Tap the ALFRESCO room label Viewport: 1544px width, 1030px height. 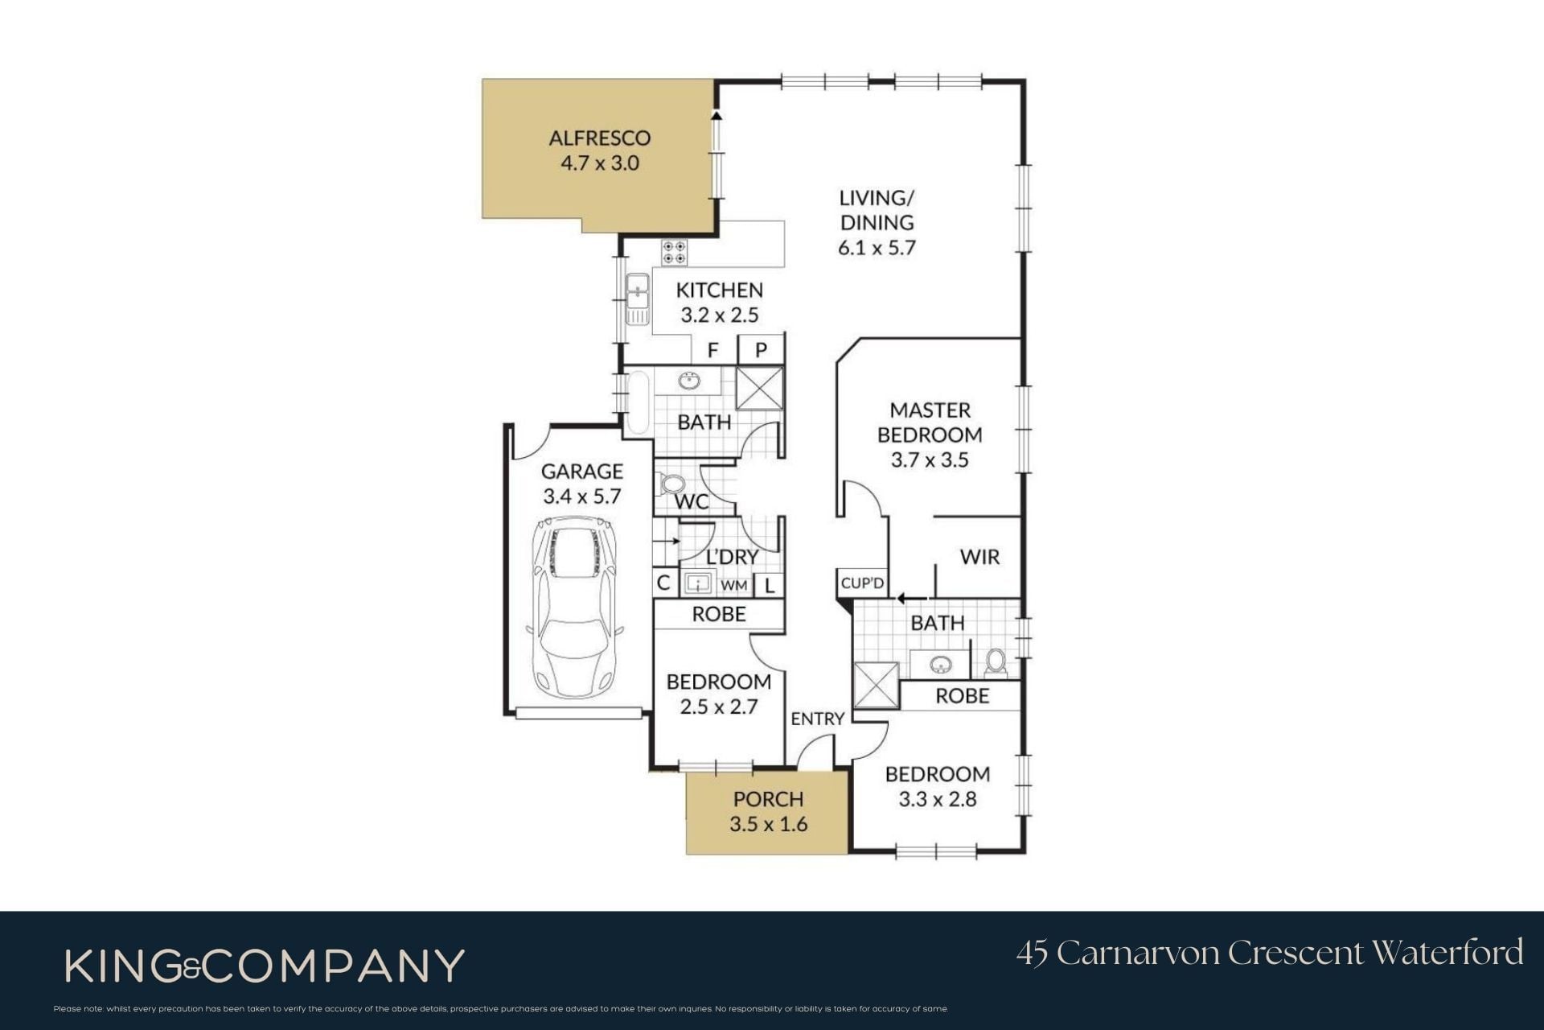tap(600, 138)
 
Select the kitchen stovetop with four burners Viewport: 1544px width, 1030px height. tap(674, 253)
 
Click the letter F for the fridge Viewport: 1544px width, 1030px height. tap(712, 351)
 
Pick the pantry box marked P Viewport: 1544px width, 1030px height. tap(761, 349)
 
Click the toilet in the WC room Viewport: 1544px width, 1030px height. tap(671, 484)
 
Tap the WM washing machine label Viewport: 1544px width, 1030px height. tap(733, 585)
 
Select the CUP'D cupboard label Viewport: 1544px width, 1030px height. tap(862, 583)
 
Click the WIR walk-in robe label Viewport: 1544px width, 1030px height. tap(979, 556)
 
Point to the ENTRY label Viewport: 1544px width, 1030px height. tap(817, 719)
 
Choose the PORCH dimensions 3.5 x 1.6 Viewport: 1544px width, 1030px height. tap(769, 824)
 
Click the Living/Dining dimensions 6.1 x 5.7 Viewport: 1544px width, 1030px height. tap(877, 247)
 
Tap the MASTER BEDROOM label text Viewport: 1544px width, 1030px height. tap(930, 422)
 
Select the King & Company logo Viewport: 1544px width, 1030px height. tap(265, 966)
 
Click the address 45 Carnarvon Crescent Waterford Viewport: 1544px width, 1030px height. tap(1270, 953)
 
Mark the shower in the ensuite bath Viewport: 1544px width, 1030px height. tap(875, 685)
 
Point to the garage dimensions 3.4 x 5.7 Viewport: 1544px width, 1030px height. tap(582, 496)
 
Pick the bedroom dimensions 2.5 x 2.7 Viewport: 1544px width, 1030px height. tap(719, 707)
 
